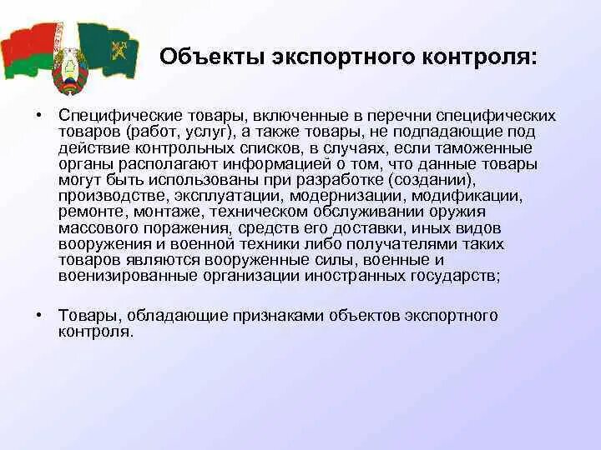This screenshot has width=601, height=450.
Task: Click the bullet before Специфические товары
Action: [39, 117]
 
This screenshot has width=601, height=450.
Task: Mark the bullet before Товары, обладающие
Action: [39, 316]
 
